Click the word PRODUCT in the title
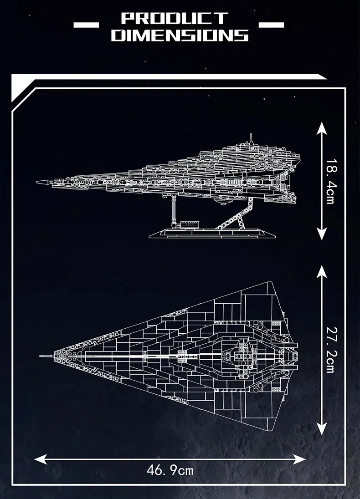[x=175, y=19]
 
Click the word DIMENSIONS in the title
[x=180, y=35]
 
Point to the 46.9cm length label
[x=170, y=470]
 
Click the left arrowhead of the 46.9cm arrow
[x=40, y=459]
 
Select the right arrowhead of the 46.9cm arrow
[x=299, y=459]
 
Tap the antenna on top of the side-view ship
[x=251, y=138]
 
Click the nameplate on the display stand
[x=190, y=224]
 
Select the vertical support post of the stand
[x=173, y=210]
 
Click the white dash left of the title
[x=86, y=25]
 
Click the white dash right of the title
[x=272, y=25]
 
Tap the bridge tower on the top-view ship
[x=245, y=356]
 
